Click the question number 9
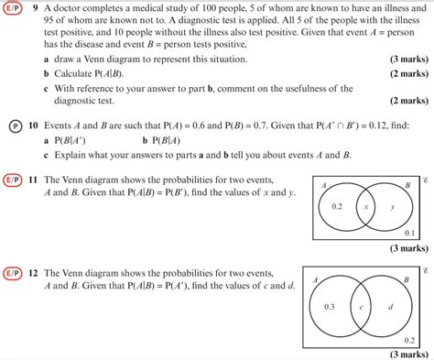point(34,6)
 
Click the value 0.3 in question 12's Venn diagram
point(330,306)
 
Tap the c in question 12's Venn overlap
point(362,306)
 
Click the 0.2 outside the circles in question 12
point(409,338)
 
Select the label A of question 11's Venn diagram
point(323,184)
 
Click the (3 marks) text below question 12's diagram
point(402,354)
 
